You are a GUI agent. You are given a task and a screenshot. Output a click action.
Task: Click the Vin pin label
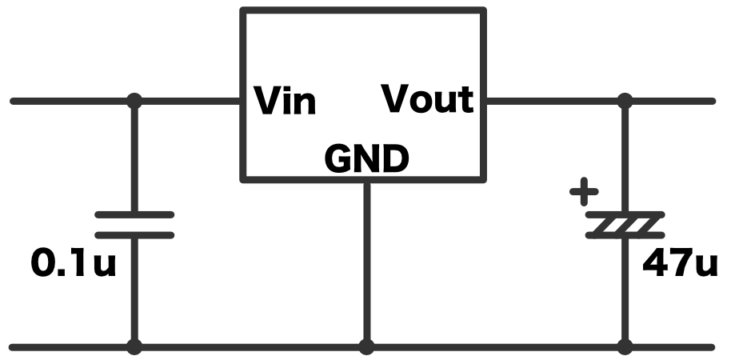pos(285,102)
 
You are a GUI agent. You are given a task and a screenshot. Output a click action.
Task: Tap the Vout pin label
pos(427,100)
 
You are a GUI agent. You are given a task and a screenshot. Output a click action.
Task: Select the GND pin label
pos(366,160)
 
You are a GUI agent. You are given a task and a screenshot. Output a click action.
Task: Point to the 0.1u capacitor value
pos(73,264)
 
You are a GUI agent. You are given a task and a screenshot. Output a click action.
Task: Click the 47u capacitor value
pos(681,264)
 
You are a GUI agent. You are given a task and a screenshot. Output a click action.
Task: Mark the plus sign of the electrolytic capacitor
pos(584,192)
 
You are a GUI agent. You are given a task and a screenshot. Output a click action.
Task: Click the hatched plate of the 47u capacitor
pos(625,225)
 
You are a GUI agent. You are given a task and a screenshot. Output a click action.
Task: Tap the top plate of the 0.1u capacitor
pos(134,214)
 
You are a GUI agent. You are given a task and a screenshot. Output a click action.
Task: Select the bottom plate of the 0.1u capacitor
pos(134,234)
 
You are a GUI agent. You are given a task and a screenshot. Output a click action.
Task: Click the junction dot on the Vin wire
pos(134,101)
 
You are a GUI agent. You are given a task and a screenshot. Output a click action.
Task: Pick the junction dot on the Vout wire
pos(625,101)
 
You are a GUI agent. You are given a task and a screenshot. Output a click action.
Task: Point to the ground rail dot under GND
pos(366,347)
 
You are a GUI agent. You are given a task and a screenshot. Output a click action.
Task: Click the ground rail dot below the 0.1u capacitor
pos(134,347)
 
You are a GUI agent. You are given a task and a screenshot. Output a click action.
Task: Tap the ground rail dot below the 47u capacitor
pos(625,347)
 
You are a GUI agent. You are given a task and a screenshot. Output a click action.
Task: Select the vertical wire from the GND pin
pos(366,264)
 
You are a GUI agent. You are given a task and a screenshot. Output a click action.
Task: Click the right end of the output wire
pos(710,101)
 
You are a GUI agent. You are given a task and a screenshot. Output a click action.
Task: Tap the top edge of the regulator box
pos(364,10)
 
